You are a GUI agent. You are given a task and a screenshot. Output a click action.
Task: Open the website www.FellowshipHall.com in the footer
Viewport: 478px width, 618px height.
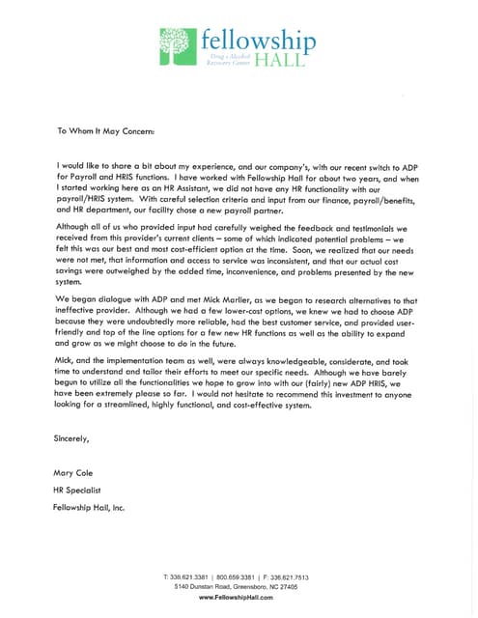239,598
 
